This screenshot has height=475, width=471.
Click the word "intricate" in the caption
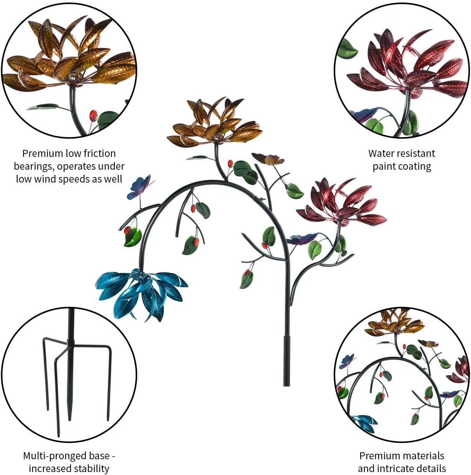(402, 469)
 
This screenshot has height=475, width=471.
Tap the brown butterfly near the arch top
(268, 159)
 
